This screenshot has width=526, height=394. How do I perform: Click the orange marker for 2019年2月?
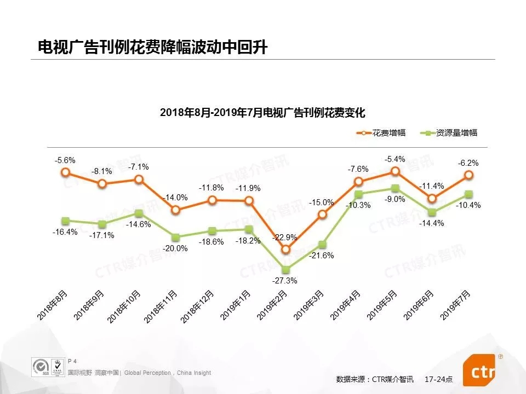click(x=285, y=250)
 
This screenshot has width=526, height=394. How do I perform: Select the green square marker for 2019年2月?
click(x=285, y=269)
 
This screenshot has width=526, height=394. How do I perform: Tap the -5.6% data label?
click(x=65, y=160)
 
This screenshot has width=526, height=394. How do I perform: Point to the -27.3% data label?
click(x=284, y=281)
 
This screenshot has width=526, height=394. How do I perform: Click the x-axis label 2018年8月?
click(x=53, y=306)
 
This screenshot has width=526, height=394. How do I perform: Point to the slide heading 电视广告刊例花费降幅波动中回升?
click(x=152, y=48)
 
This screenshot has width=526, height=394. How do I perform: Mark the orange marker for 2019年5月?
click(x=396, y=171)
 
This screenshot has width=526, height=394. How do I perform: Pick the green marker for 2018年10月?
click(x=139, y=213)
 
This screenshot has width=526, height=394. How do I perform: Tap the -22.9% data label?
click(x=285, y=237)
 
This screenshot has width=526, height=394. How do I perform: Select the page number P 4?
click(x=72, y=361)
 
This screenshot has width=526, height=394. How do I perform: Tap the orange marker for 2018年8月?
click(x=65, y=172)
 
